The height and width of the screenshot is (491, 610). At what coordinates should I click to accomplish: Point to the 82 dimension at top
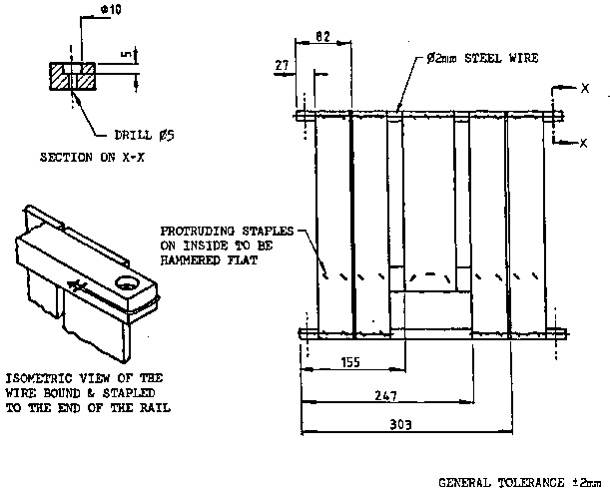(x=321, y=36)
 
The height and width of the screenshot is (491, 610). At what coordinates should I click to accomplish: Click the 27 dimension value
(x=281, y=65)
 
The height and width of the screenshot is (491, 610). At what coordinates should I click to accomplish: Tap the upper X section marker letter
(x=582, y=88)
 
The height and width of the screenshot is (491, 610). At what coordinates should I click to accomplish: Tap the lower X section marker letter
(x=582, y=143)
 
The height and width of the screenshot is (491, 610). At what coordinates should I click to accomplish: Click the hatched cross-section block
(x=72, y=74)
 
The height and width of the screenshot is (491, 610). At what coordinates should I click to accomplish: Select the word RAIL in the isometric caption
(x=156, y=407)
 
